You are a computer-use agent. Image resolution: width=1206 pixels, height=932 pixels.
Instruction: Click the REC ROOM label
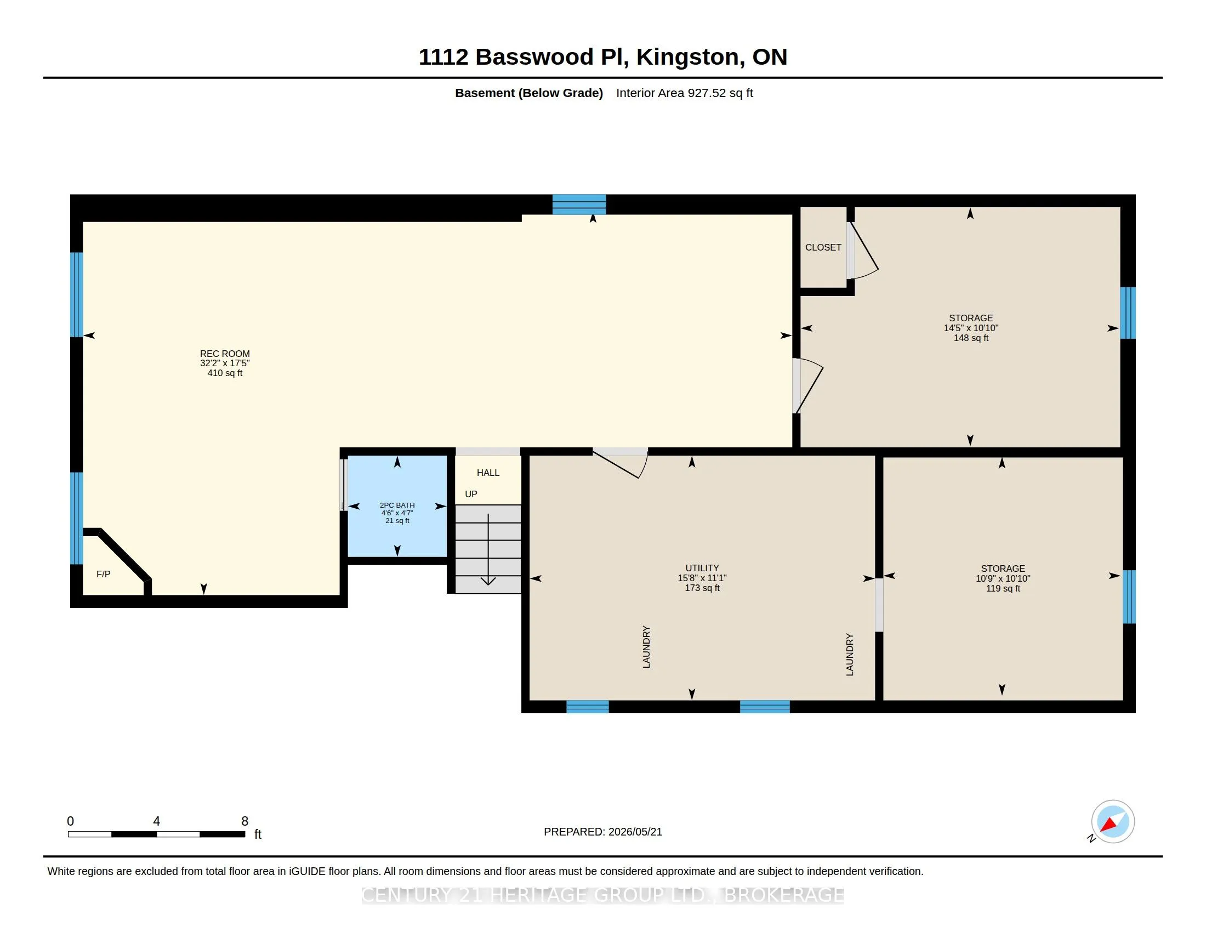(x=225, y=354)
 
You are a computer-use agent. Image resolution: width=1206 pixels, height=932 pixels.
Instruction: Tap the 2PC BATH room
(x=397, y=506)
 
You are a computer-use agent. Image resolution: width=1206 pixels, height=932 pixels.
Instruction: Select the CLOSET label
(x=823, y=247)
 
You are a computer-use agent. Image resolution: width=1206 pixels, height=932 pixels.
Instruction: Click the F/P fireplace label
(x=103, y=574)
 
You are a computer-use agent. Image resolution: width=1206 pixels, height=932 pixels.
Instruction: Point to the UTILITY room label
(x=702, y=567)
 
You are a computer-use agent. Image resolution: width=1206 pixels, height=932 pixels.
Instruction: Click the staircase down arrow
(x=488, y=549)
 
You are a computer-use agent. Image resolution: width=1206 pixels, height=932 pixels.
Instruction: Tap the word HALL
(x=487, y=473)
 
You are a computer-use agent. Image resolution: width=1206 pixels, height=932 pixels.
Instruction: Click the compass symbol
(x=1112, y=822)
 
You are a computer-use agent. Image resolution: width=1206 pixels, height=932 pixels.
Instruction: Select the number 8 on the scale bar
(x=244, y=821)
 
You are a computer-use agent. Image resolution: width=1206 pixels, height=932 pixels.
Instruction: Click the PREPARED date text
(x=602, y=832)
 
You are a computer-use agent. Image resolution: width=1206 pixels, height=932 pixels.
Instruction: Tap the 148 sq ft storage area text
(x=971, y=338)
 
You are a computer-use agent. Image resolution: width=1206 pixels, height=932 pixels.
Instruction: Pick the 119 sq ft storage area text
(x=1003, y=589)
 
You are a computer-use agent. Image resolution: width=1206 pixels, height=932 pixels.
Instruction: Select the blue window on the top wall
(x=579, y=204)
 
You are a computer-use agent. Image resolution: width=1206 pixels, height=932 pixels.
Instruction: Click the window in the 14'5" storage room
(x=1128, y=313)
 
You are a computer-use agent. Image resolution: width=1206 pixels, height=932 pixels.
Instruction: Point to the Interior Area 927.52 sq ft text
(x=684, y=93)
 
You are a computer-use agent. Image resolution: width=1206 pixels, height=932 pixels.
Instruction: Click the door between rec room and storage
(x=808, y=386)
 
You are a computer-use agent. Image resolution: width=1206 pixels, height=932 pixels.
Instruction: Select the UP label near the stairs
(x=471, y=494)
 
